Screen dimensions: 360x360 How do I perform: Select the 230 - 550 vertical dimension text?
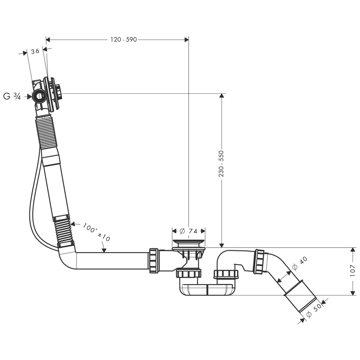(x=221, y=163)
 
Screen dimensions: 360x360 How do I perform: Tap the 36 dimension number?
(x=35, y=51)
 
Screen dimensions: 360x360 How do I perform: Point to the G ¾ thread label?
(x=12, y=96)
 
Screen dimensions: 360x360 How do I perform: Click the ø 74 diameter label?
(x=189, y=231)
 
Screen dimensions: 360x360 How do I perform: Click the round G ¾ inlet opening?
(x=39, y=96)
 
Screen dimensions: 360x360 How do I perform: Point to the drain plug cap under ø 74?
(x=189, y=241)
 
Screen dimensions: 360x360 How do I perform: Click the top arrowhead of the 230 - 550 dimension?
(x=221, y=96)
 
